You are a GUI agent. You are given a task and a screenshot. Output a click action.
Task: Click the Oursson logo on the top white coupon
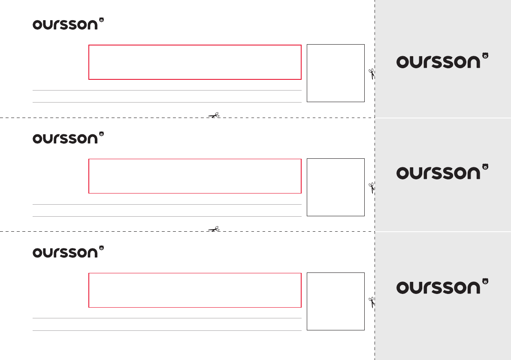[x=69, y=24]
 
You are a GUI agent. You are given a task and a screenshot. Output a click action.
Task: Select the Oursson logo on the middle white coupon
[x=69, y=138]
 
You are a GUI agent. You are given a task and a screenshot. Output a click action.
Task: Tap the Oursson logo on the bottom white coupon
[x=69, y=252]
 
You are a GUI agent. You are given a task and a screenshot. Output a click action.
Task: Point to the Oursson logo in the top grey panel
[x=442, y=61]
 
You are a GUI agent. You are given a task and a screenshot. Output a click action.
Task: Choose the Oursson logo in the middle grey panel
[x=442, y=172]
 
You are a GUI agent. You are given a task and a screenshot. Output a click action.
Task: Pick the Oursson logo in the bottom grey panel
[x=442, y=287]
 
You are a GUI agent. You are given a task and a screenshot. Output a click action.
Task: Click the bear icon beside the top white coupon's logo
[x=102, y=20]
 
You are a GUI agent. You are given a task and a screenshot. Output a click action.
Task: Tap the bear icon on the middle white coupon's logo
[x=102, y=134]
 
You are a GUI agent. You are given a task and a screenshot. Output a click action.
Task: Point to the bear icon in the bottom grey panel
[x=485, y=281]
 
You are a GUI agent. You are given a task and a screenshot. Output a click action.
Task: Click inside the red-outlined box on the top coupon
[x=195, y=62]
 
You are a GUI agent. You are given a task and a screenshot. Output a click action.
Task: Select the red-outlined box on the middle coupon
[x=195, y=176]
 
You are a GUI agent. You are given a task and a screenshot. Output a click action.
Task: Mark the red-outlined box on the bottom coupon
[x=195, y=290]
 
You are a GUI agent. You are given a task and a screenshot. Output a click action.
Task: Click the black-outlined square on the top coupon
[x=336, y=73]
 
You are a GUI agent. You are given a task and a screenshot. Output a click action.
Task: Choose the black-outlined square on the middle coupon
[x=336, y=187]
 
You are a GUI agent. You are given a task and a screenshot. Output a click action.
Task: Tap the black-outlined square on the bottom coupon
[x=336, y=301]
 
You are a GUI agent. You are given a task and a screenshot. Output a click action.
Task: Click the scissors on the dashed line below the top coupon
[x=214, y=115]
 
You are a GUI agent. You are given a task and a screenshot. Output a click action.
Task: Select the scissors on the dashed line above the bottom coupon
[x=214, y=229]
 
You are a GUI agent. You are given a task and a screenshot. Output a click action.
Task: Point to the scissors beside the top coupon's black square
[x=372, y=74]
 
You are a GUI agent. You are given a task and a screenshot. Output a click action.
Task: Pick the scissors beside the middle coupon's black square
[x=372, y=188]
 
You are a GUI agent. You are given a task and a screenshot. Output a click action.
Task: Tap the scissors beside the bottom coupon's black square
[x=372, y=302]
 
